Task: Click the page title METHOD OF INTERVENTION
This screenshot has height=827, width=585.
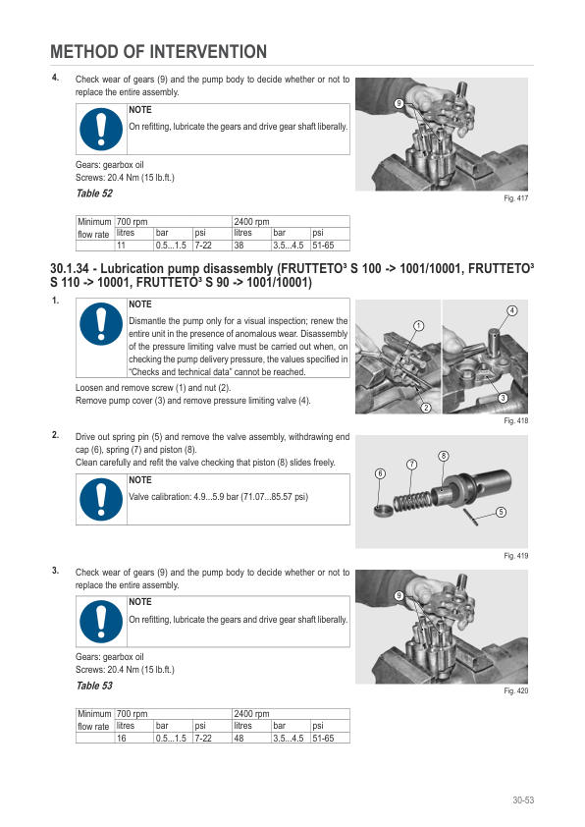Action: pos(158,52)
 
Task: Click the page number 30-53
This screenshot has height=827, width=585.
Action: pos(521,800)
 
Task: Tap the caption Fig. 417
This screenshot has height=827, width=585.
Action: pos(516,199)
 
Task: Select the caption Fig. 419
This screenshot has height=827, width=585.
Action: pos(516,556)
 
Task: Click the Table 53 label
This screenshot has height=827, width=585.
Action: pos(94,686)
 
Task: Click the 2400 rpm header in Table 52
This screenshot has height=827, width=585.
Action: pos(249,223)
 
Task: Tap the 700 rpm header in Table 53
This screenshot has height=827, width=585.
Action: pos(133,714)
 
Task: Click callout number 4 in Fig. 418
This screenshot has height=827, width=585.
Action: pos(511,310)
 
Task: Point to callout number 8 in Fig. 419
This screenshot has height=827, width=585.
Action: pos(444,456)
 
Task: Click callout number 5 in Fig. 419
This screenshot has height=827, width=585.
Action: pos(501,512)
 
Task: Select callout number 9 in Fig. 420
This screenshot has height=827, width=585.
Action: pos(399,597)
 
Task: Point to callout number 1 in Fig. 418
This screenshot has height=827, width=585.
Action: pos(418,325)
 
